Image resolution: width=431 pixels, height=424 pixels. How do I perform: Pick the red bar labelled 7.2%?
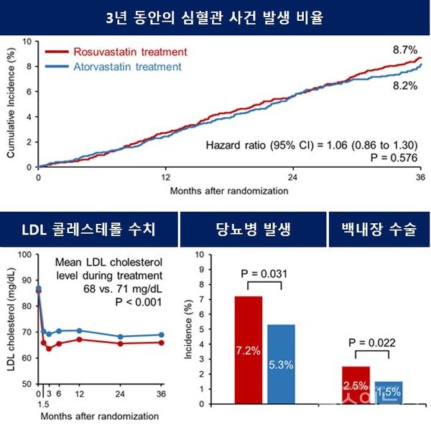tap(249, 350)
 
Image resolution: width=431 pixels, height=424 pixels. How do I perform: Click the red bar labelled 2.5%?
tap(355, 385)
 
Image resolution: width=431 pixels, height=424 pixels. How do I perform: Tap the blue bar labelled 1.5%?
tap(387, 392)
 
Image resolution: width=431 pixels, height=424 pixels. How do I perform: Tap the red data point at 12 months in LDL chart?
tap(79, 339)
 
